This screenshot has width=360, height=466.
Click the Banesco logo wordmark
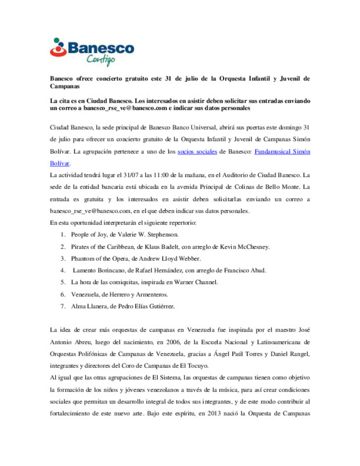[x=101, y=48]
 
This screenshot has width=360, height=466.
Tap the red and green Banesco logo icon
[x=58, y=47]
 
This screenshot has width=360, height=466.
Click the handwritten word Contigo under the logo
[x=101, y=60]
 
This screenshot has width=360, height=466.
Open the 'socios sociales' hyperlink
[x=197, y=152]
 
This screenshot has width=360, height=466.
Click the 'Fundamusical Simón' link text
[x=282, y=152]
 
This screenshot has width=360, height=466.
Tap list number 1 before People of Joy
[x=63, y=235]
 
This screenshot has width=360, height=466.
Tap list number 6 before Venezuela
[x=63, y=295]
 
